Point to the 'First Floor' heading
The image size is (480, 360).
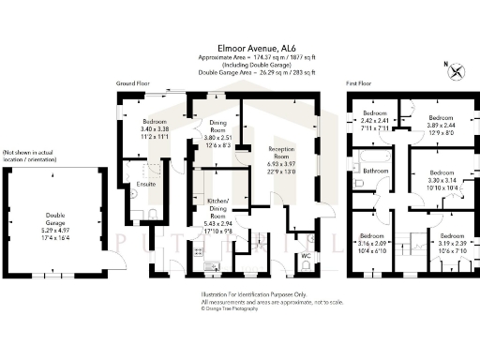click(362, 83)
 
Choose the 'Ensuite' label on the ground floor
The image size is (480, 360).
click(145, 184)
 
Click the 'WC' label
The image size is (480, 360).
click(306, 255)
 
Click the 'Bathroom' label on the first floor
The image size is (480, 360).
click(376, 172)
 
